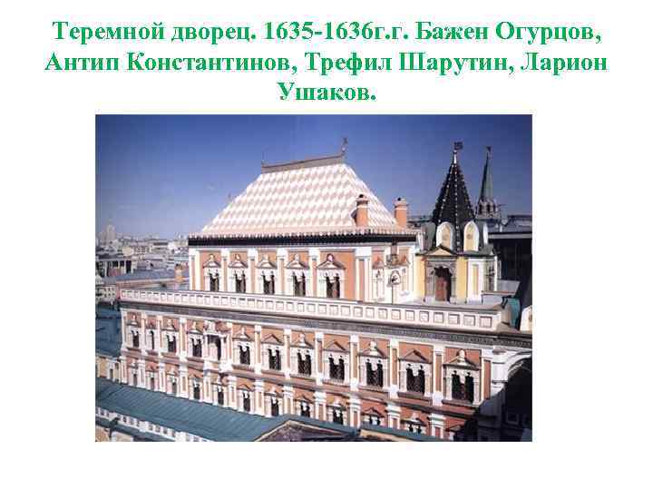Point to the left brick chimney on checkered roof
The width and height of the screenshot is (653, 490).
pyautogui.click(x=362, y=211)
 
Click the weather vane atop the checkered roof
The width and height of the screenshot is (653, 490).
pyautogui.click(x=344, y=146)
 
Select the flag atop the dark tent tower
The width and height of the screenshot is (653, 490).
pyautogui.click(x=458, y=145)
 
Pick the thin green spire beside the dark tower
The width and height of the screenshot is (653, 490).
pyautogui.click(x=487, y=181)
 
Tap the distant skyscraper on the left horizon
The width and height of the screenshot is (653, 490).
pyautogui.click(x=110, y=232)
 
